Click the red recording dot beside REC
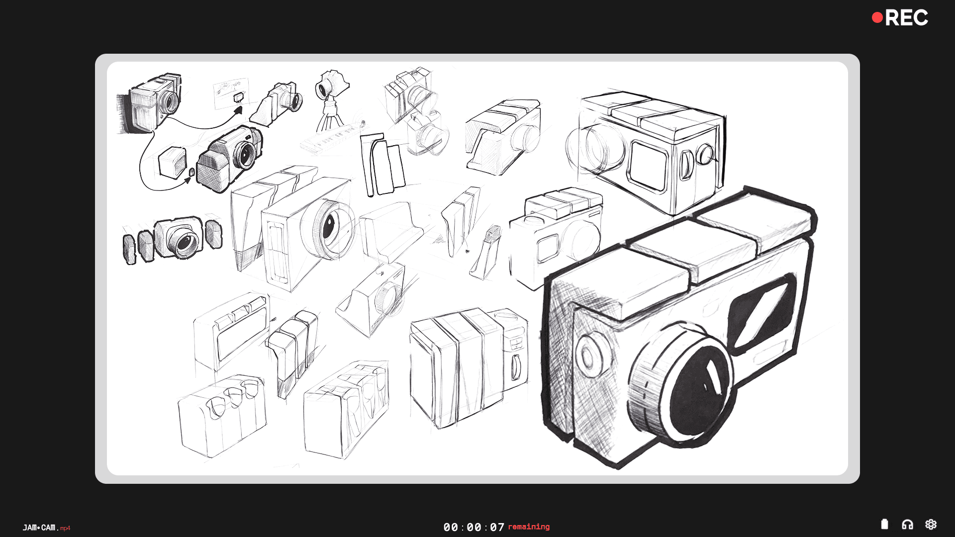click(x=877, y=18)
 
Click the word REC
click(x=906, y=18)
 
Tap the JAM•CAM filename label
click(x=46, y=528)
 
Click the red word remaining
click(x=529, y=527)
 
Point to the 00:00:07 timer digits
click(x=474, y=527)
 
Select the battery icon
click(x=884, y=524)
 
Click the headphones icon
click(x=907, y=525)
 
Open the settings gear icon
click(x=931, y=525)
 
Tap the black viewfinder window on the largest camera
click(x=762, y=313)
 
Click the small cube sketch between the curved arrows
click(x=172, y=162)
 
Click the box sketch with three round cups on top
click(x=222, y=415)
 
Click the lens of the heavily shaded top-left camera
click(x=170, y=102)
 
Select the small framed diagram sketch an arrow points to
click(x=231, y=93)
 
